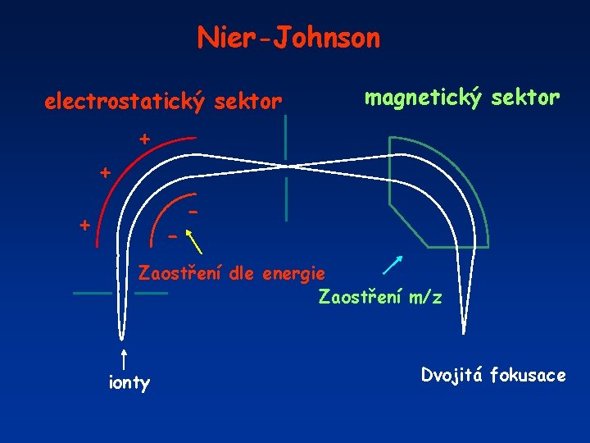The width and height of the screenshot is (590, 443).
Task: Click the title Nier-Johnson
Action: point(288,38)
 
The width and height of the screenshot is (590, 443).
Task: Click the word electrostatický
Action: point(128,103)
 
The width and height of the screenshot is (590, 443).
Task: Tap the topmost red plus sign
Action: point(144,139)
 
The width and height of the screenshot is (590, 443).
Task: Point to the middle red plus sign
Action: point(105,173)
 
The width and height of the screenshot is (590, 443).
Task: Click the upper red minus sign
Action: point(193,212)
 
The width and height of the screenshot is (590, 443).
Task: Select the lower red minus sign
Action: point(171,237)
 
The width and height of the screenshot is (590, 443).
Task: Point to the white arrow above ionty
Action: point(123,359)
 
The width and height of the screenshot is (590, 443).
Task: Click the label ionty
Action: point(129,383)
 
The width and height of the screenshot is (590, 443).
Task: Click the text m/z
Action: point(424,297)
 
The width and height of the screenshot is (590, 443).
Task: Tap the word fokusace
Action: point(529,376)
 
